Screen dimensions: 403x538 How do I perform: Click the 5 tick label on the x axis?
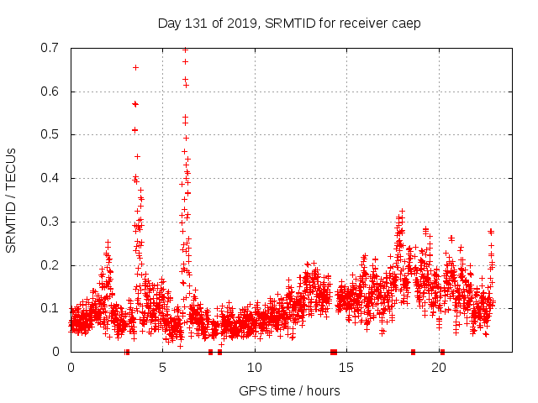[163, 367]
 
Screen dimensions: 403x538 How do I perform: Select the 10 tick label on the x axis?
[255, 367]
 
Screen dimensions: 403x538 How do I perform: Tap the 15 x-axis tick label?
[346, 367]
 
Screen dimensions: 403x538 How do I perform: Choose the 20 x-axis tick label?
[439, 367]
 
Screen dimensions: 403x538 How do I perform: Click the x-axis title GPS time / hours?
[289, 390]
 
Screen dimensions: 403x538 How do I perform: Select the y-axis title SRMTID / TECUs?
[12, 199]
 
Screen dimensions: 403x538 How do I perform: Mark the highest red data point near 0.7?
[185, 50]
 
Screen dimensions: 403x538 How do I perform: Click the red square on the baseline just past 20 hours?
[442, 351]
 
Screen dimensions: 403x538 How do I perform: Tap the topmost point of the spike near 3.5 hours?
[135, 67]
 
